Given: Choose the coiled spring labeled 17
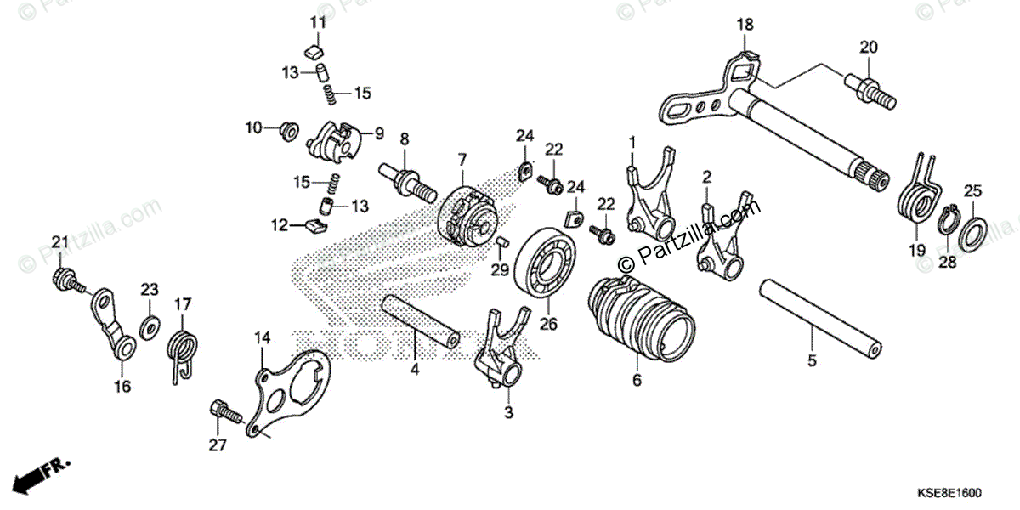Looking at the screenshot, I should click(184, 348).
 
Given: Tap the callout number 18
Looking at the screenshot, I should click(745, 25).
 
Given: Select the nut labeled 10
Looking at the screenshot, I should click(287, 130).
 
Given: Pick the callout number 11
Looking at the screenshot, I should click(317, 22).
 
